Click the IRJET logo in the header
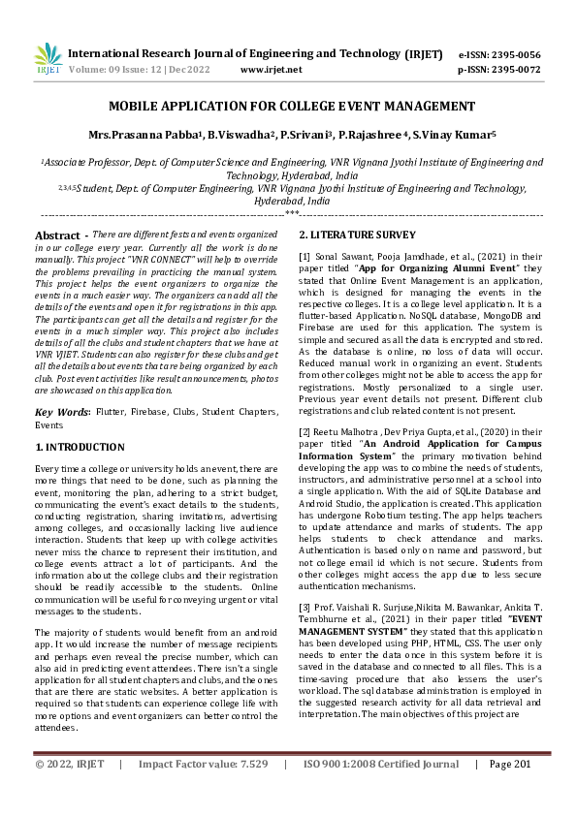(x=48, y=59)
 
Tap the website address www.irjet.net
(x=271, y=70)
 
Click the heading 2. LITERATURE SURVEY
(x=357, y=235)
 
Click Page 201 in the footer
(x=513, y=791)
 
